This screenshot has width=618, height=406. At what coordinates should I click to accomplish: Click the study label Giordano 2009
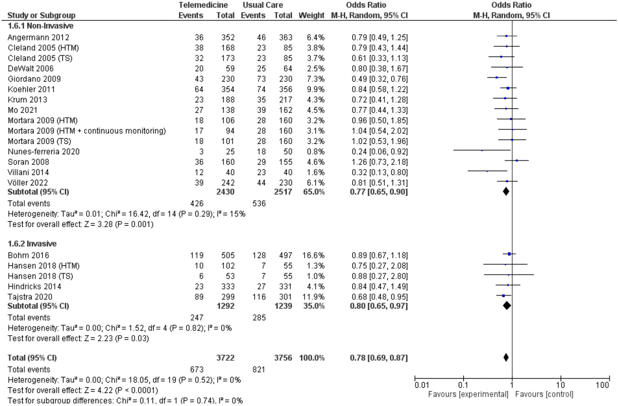coord(34,79)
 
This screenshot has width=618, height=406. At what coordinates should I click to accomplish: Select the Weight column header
coord(311,15)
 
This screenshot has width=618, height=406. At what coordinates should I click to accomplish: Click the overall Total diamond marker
coord(506,357)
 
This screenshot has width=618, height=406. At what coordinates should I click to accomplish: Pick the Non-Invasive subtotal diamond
coord(506,191)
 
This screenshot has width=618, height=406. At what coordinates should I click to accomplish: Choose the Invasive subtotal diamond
coord(507,306)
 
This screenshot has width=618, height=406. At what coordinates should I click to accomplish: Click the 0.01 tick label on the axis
coord(422,385)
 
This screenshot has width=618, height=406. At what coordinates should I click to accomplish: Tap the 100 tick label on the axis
coord(602,385)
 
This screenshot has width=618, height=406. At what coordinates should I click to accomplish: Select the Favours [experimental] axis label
coord(468,394)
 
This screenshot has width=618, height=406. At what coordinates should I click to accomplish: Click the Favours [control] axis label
coord(544,394)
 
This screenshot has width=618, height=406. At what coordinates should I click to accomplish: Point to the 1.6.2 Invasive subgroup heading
coord(32,244)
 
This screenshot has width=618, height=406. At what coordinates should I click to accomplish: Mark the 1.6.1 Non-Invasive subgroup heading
coord(41,26)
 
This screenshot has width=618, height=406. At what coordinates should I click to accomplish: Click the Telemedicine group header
coord(203,5)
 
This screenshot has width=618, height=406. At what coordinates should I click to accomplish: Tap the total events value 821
coord(259,369)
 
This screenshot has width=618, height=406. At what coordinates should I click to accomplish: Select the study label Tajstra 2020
coord(30,297)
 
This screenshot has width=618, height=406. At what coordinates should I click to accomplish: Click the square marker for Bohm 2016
coord(509,254)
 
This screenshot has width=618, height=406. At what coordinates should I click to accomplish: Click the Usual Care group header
coord(263,5)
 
